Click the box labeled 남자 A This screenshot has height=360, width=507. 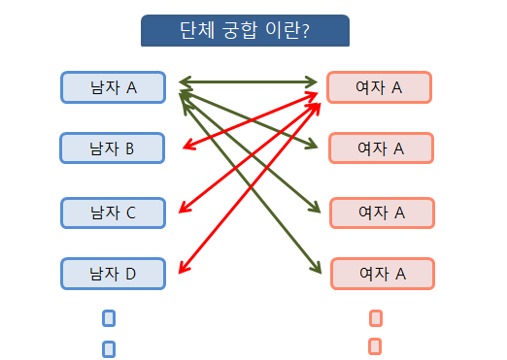point(113,87)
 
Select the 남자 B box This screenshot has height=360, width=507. point(113,147)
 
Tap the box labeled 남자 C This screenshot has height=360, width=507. point(113,213)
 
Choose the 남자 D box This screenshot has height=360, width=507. point(113,274)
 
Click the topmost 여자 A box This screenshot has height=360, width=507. point(380,87)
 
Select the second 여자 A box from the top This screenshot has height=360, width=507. point(381,147)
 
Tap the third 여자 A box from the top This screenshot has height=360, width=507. point(382,212)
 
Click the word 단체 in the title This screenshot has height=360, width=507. point(196,30)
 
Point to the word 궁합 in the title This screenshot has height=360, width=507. point(241,30)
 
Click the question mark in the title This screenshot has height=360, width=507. point(305,30)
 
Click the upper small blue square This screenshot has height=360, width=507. point(109,317)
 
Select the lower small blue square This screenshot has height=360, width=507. point(109,348)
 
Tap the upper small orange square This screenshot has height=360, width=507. point(376,317)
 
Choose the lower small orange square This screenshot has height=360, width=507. point(375,345)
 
